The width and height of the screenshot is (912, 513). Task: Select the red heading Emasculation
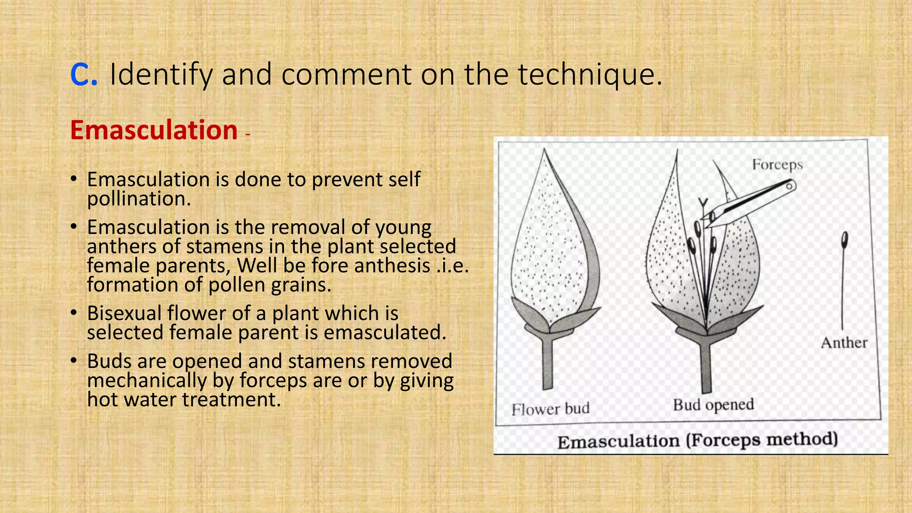coord(154,130)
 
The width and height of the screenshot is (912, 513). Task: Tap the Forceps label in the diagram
coord(777,165)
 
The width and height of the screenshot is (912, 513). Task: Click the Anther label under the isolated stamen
coord(844,343)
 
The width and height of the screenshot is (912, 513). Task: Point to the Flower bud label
coord(550,409)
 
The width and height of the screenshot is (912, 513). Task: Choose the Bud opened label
coord(713,405)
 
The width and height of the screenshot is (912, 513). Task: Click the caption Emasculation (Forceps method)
coord(697,441)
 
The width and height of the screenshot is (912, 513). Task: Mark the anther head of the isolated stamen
coord(844,240)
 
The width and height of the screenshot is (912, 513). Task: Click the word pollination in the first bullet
coord(138,199)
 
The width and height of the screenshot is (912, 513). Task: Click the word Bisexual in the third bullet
coord(124,313)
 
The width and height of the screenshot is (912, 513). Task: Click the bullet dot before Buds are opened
coord(74,360)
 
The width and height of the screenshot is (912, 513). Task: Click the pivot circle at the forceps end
coord(789,186)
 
